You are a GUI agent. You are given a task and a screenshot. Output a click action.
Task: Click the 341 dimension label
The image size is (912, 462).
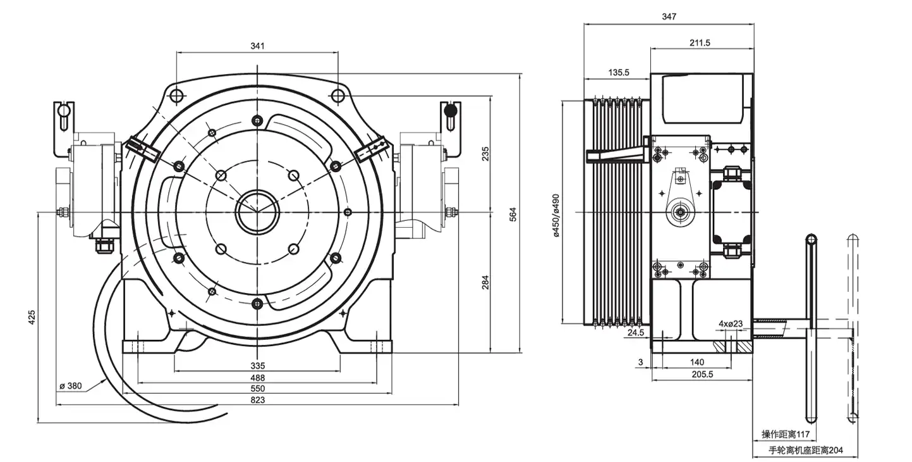point(257,46)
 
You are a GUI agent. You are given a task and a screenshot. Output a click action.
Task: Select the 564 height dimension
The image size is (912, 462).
point(513,214)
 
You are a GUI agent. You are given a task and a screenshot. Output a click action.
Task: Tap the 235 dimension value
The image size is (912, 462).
point(485,154)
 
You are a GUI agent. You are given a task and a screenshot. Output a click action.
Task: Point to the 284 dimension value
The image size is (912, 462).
point(485,282)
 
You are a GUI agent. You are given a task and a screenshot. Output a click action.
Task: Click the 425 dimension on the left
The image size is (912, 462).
point(32,317)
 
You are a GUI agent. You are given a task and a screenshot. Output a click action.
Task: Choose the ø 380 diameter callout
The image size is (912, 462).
point(71,385)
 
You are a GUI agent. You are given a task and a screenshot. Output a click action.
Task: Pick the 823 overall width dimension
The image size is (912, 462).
point(257,400)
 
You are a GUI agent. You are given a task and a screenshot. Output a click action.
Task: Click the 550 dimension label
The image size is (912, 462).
point(257,389)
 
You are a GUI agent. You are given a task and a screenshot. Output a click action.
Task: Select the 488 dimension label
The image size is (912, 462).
point(257,377)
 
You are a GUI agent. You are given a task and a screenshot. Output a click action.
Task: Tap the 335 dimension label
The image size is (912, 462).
point(257,366)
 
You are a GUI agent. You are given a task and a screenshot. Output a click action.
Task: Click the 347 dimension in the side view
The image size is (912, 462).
point(669,17)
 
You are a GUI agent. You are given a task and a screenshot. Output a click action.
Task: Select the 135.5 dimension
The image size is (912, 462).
point(619,73)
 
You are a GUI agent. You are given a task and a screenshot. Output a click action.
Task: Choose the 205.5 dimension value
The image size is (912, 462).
point(702,374)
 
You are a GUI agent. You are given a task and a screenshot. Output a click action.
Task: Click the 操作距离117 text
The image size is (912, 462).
point(786,435)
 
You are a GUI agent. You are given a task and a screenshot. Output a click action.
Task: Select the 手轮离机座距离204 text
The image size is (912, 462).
point(805,451)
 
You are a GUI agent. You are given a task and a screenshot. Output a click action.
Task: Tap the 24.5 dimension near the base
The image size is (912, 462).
point(636,332)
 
